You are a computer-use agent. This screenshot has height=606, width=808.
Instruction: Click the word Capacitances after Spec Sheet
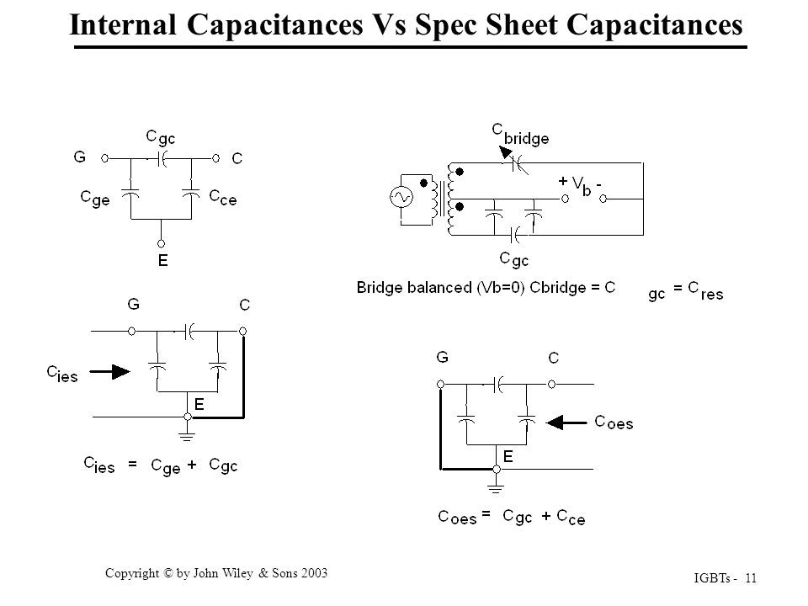pos(655,24)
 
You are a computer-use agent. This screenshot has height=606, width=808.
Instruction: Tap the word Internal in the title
pos(123,24)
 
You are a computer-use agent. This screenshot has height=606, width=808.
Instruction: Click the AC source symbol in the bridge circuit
pos(401,197)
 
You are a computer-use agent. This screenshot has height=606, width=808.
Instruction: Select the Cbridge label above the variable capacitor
pos(520,135)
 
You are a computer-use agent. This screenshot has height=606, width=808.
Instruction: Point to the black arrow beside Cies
pos(109,371)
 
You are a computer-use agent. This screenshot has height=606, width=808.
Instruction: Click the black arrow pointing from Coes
pos(566,423)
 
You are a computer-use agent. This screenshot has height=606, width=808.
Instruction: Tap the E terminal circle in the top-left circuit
pos(161,244)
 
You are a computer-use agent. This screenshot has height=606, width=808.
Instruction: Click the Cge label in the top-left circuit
pos(95,199)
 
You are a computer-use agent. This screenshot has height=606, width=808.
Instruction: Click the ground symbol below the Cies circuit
pos(187,437)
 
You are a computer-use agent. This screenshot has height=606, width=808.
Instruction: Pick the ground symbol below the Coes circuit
pos(495,488)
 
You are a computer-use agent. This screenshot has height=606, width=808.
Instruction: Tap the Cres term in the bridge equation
pos(705,291)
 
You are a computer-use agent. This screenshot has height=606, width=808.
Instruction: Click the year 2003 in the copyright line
pos(314,573)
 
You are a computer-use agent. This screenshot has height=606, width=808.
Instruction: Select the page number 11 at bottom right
pos(751,578)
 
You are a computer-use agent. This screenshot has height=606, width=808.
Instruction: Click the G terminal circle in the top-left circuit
pos(104,159)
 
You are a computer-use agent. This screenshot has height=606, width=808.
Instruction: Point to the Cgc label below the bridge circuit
pos(513,259)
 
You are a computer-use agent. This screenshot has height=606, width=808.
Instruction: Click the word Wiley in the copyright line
pos(237,573)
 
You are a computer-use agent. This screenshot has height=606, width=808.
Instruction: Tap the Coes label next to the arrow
pos(614,423)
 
